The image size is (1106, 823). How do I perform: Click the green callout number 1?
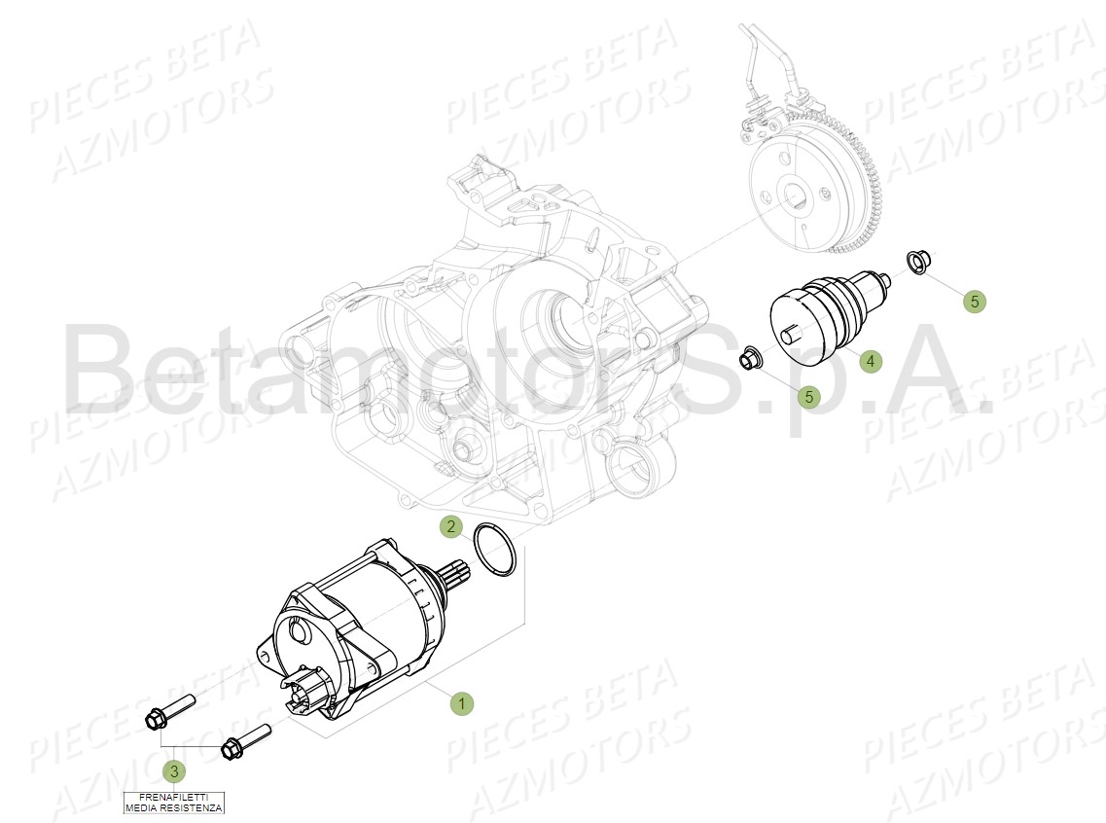462,703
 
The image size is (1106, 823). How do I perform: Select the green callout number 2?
449,527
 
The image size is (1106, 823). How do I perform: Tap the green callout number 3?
173,772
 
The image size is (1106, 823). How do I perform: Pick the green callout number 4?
871,361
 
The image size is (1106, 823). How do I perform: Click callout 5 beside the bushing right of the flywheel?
975,302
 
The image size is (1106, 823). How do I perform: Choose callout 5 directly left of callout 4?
808,396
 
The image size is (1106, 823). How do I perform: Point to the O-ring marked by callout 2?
493,551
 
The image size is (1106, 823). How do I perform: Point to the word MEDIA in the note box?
142,807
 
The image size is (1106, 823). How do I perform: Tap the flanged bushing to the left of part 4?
750,358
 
